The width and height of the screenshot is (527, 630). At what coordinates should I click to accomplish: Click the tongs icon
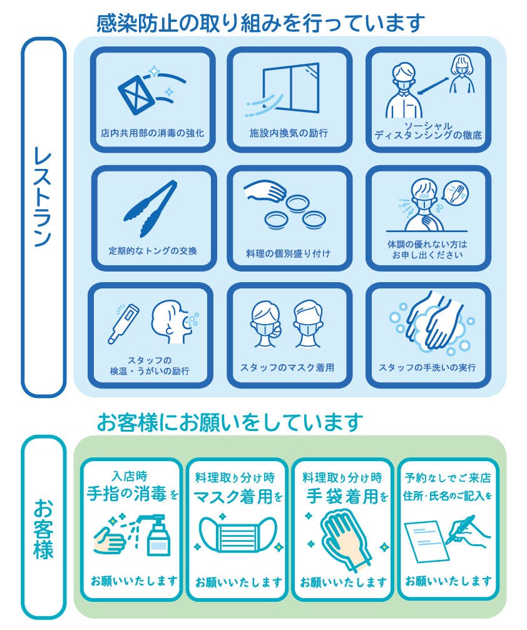tap(150, 209)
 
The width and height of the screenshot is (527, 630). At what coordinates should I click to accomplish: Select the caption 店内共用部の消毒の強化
tap(152, 133)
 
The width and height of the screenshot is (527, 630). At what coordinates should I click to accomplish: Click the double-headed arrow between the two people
tap(432, 86)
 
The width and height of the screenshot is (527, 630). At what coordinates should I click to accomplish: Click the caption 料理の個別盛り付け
tap(288, 253)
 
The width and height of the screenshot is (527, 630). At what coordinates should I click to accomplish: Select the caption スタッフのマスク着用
tap(287, 367)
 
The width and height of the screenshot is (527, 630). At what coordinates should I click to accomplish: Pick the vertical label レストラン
tap(43, 197)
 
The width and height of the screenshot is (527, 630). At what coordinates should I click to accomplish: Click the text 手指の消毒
tap(126, 494)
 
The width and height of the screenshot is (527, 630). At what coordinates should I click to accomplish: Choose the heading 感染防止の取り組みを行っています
tap(260, 23)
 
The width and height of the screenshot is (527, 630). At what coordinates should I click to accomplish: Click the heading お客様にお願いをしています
tap(230, 422)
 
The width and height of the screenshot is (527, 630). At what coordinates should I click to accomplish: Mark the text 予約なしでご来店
tap(448, 478)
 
